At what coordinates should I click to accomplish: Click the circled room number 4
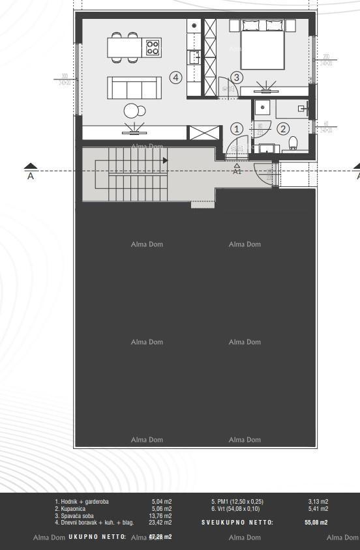point(175,78)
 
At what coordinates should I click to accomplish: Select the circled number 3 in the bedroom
point(237,78)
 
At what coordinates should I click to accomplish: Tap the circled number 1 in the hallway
point(237,129)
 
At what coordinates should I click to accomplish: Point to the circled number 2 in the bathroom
point(283,129)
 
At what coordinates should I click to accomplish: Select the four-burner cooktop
point(153,47)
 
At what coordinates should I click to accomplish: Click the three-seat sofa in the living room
point(134,87)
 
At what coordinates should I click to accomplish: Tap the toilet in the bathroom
point(293,143)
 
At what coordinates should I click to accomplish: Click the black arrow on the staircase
point(166,160)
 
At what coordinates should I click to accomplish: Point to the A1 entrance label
point(237,171)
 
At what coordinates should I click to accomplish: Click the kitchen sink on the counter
point(194,57)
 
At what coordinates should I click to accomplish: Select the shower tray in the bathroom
point(262,108)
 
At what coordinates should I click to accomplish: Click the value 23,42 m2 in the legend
point(161,522)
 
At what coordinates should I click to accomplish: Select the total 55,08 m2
point(316,522)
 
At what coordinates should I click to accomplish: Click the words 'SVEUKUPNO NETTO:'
point(237,522)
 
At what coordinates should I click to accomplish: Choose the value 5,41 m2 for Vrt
point(318,508)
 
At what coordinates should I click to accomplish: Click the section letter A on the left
point(30,176)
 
